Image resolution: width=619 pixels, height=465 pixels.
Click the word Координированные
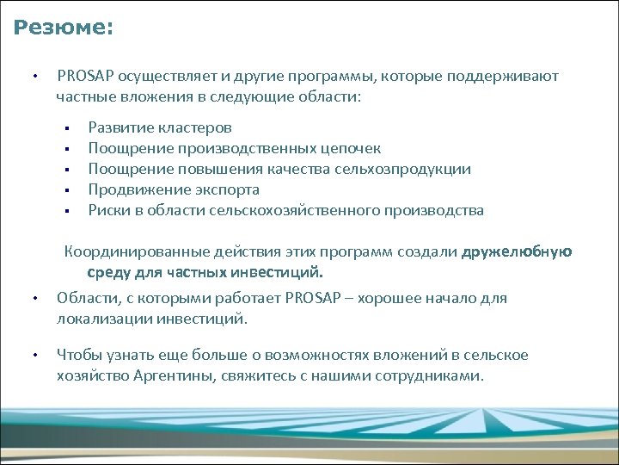[x=128, y=252]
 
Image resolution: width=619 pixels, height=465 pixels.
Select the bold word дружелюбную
[x=517, y=252]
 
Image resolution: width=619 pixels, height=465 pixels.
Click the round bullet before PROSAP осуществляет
[x=32, y=77]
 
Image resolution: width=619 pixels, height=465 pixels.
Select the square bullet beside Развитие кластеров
[x=66, y=128]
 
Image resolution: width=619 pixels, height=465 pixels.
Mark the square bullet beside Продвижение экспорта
[x=66, y=190]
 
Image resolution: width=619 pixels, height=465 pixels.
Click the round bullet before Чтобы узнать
[x=32, y=356]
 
